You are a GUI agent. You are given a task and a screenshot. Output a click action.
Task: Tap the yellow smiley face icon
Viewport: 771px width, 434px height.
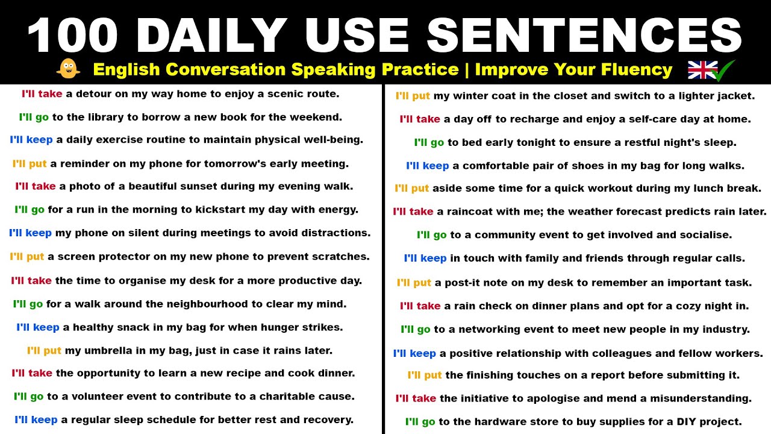[x=68, y=69]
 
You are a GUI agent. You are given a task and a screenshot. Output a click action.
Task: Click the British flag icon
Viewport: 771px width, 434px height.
[x=702, y=70]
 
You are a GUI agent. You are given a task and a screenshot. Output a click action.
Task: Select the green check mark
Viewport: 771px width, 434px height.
[x=723, y=71]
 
